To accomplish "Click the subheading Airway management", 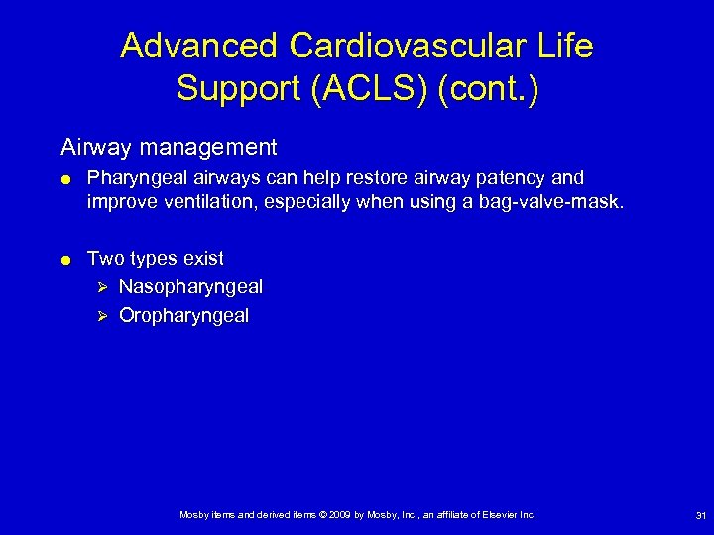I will click(169, 148).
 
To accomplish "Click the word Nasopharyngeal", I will click(190, 287).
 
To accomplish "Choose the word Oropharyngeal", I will click(184, 316).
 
